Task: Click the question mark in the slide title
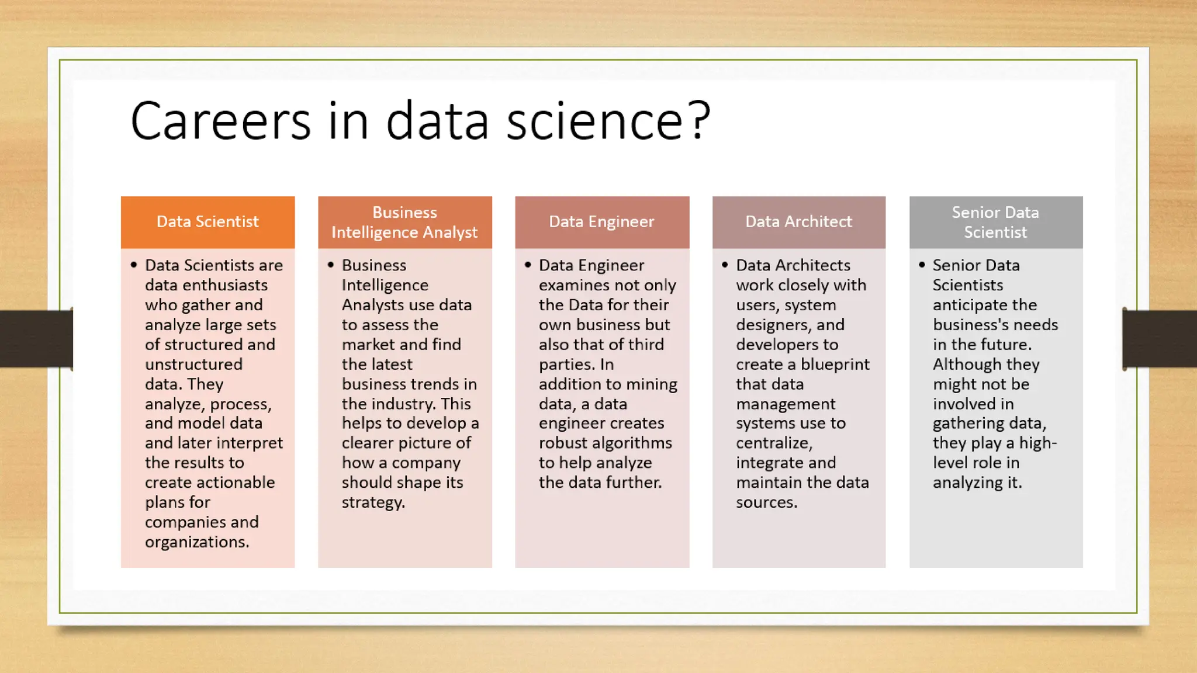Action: [x=699, y=120]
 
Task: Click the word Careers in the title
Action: [x=220, y=120]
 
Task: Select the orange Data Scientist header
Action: [x=207, y=222]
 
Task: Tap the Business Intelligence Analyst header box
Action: [x=404, y=222]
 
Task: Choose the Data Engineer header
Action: [x=601, y=222]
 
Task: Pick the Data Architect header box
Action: [x=798, y=222]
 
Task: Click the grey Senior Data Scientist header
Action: [x=995, y=222]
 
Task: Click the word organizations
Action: [x=196, y=542]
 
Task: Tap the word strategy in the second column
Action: [x=372, y=502]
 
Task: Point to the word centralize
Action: [x=773, y=443]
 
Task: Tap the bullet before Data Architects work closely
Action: [x=725, y=265]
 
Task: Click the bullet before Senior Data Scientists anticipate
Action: [x=922, y=265]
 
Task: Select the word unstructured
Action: [x=193, y=365]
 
